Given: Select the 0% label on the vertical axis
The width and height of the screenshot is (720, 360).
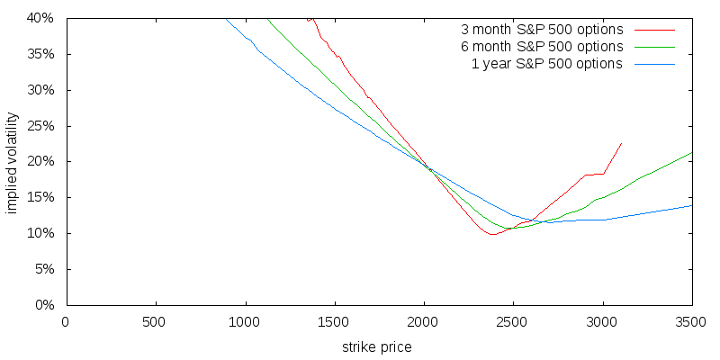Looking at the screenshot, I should pos(45,305).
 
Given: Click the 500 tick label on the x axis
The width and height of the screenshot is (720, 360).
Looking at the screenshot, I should pos(154,321).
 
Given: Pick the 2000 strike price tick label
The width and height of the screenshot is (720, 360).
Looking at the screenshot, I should pos(423,321).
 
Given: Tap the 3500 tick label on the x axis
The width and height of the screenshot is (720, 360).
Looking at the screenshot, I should pos(691,321).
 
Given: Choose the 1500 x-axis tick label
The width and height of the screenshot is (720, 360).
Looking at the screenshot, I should pos(333,321).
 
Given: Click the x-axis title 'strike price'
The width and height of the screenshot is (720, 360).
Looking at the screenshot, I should pos(377,346).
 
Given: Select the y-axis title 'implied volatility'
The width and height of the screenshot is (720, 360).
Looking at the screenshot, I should pos(13,162).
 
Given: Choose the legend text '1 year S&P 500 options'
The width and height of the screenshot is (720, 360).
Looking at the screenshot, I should pos(547,63).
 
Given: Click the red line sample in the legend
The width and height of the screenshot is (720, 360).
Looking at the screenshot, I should pos(654,30).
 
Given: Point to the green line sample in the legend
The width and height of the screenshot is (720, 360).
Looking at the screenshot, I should pos(654,47).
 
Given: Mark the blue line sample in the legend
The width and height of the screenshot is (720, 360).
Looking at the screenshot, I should pos(654,64).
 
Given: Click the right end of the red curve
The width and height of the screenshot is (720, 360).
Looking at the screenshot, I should pos(621,143).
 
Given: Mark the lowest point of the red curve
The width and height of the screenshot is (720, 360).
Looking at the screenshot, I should pos(491,235).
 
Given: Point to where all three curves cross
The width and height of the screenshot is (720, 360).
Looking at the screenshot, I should pos(428,168).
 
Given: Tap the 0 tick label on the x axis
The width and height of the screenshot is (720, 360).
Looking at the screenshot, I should pos(65,321).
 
